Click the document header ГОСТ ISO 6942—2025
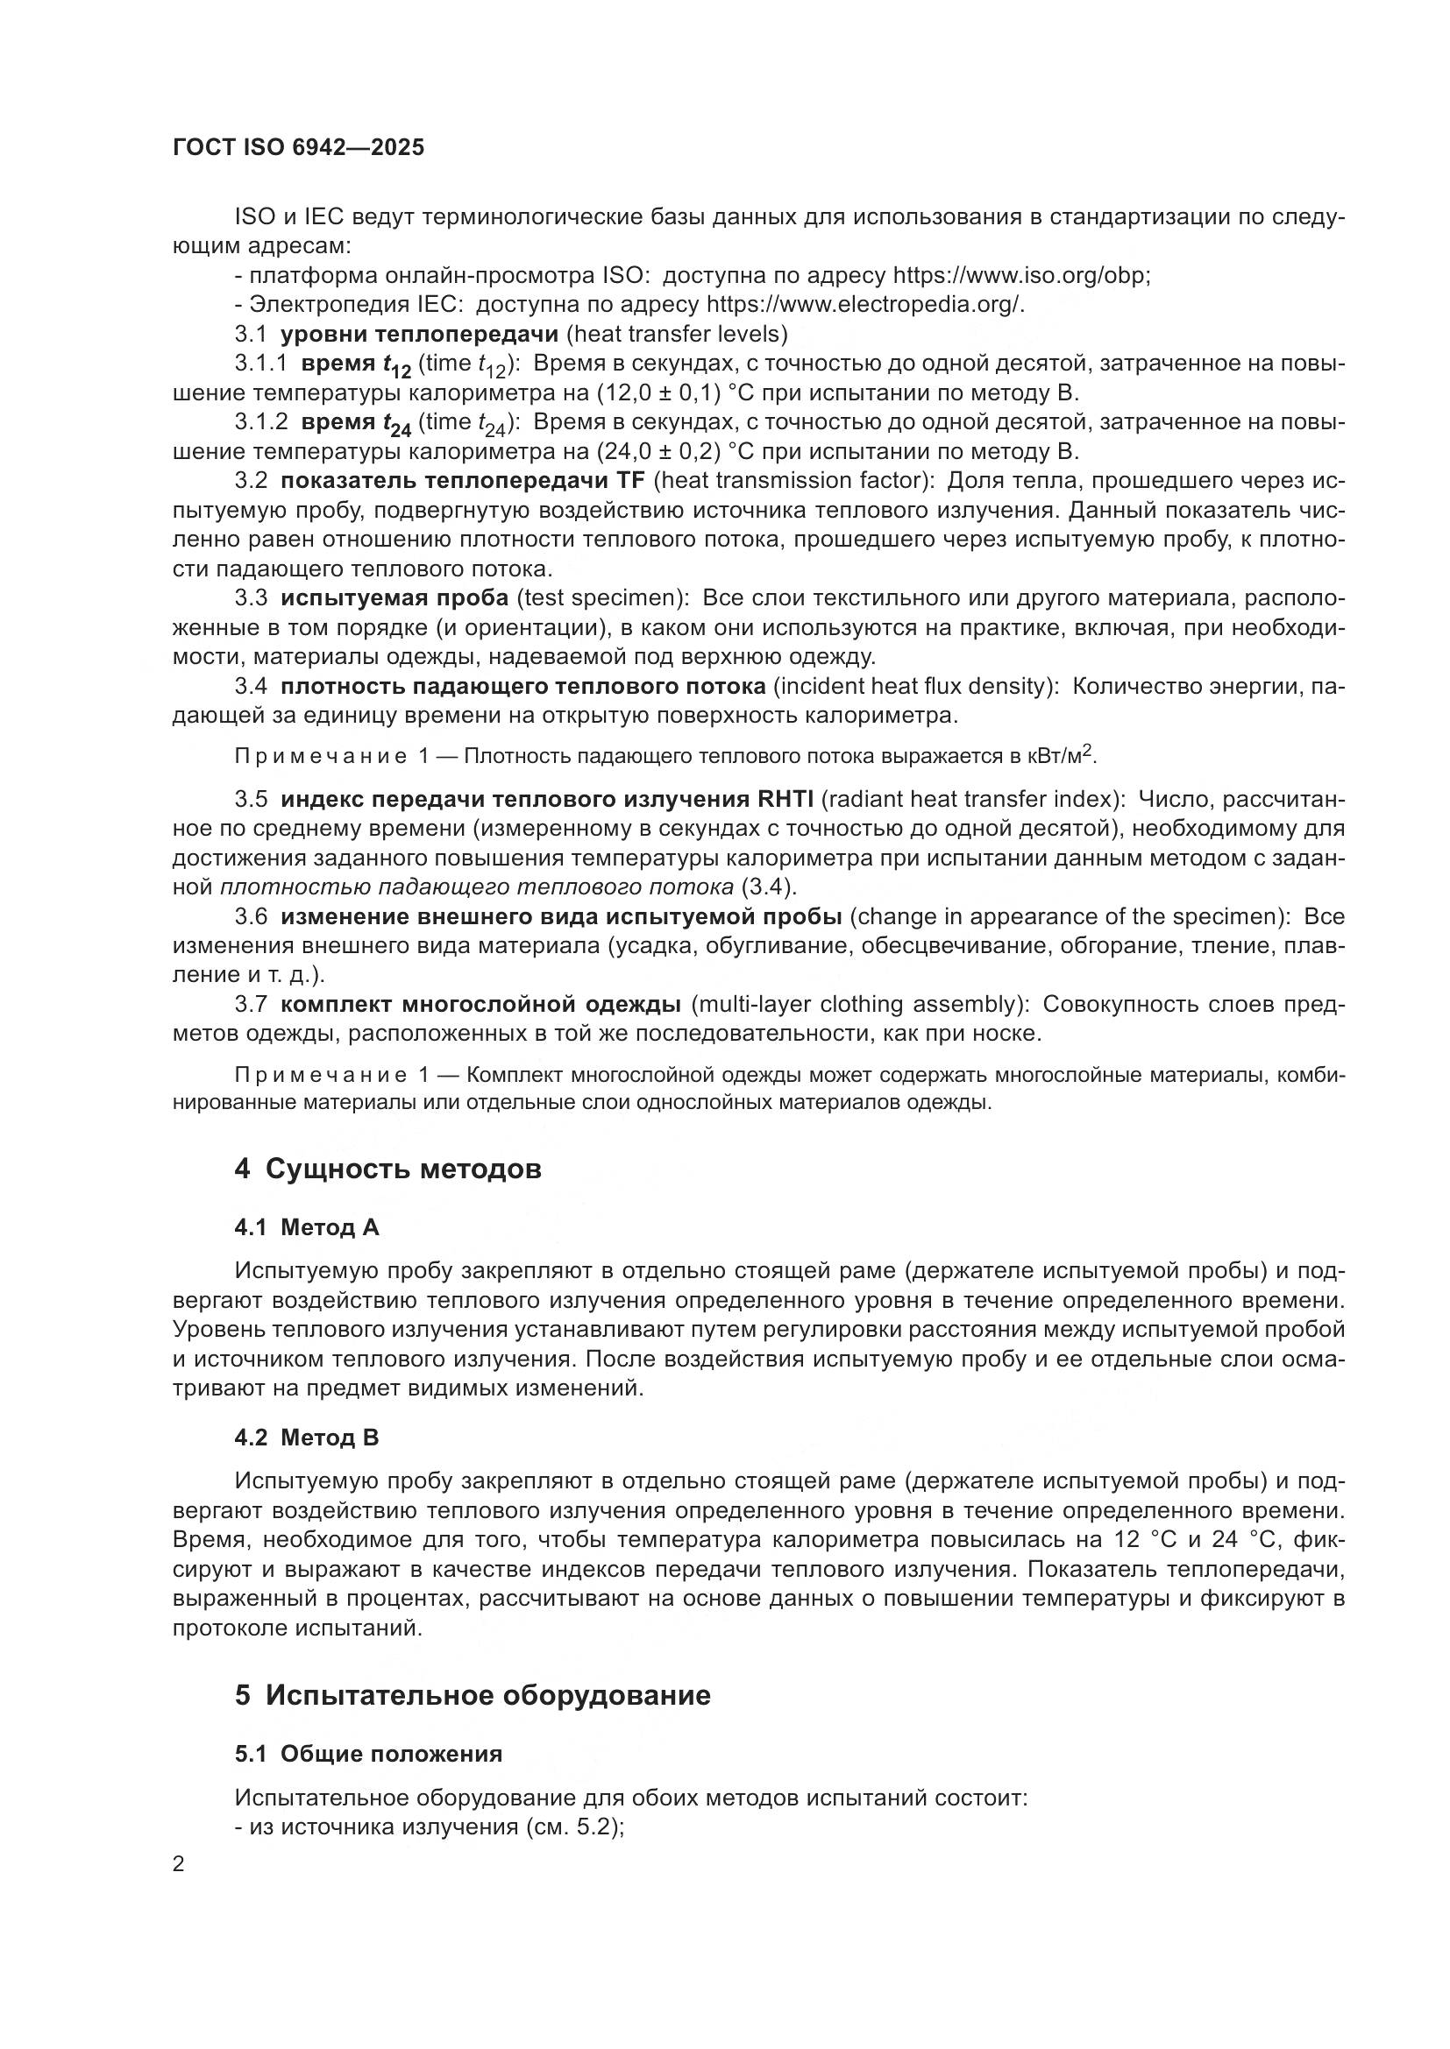click(298, 147)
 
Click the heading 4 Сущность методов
click(387, 1169)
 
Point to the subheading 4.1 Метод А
click(306, 1227)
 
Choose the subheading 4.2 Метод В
click(306, 1438)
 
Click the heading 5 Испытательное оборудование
click(473, 1695)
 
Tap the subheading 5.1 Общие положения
click(368, 1754)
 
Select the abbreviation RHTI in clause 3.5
click(785, 799)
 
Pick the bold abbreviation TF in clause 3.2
click(629, 480)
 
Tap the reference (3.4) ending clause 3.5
click(769, 887)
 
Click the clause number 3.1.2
click(260, 421)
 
